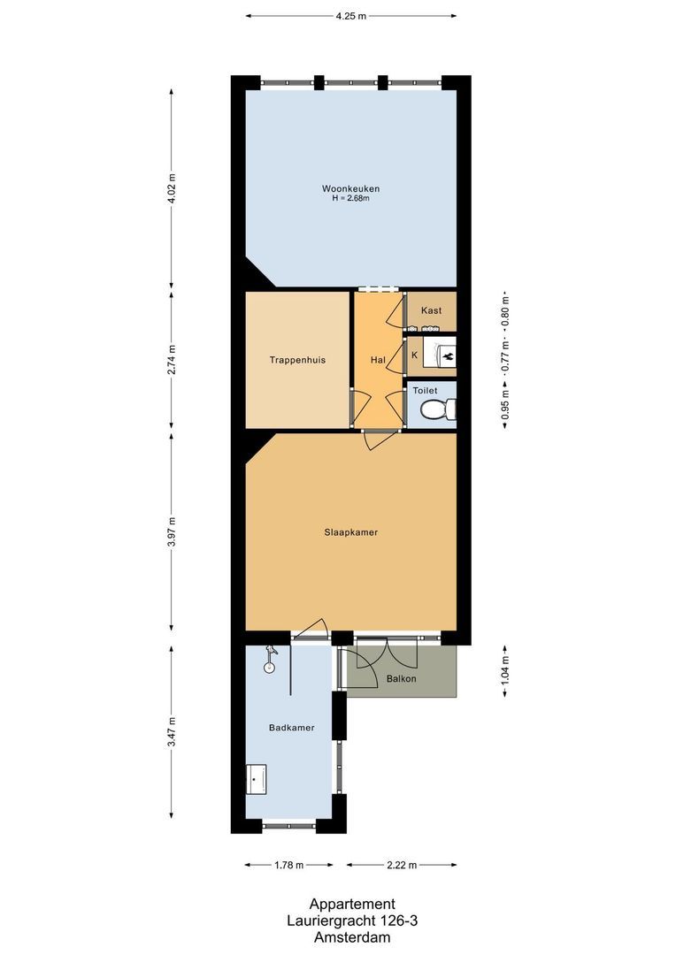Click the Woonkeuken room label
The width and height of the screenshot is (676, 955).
[350, 188]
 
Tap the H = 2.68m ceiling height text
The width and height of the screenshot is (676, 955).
[350, 198]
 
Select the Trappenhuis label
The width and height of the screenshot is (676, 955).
[297, 360]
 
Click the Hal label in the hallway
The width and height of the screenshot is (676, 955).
[378, 360]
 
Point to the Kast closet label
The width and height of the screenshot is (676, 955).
[431, 310]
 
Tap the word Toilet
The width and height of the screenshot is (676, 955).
[425, 389]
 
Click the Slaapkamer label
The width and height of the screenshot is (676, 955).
[350, 532]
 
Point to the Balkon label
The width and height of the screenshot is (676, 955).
[401, 679]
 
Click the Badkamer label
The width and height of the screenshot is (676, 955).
[291, 728]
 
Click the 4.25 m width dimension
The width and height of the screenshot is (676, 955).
[350, 16]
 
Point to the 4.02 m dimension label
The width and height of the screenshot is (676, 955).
[172, 187]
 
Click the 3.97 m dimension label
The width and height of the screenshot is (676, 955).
[172, 531]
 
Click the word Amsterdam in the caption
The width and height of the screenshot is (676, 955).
[350, 936]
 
